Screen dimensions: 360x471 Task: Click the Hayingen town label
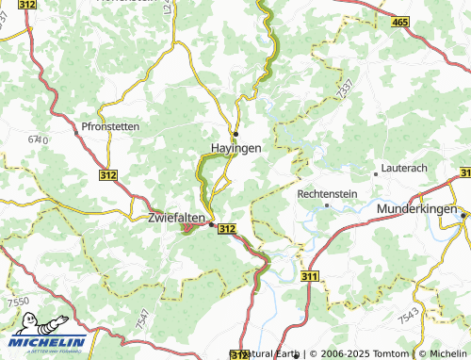pyautogui.click(x=235, y=149)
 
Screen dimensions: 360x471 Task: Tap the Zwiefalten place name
pyautogui.click(x=177, y=218)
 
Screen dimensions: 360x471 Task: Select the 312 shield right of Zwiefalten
pyautogui.click(x=227, y=229)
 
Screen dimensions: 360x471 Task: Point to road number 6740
pyautogui.click(x=38, y=139)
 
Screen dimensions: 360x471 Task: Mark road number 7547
pyautogui.click(x=141, y=318)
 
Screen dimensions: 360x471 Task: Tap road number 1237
pyautogui.click(x=344, y=90)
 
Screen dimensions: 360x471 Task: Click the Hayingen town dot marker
pyautogui.click(x=236, y=133)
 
